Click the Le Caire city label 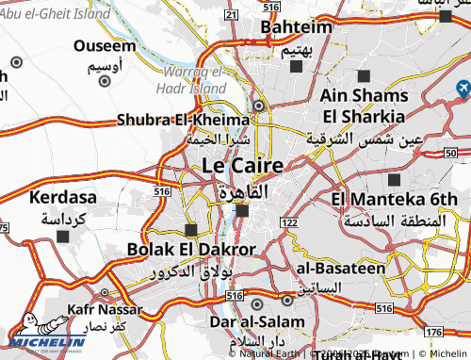[x=242, y=167]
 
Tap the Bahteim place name [x=298, y=28]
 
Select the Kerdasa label [x=62, y=198]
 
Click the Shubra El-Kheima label [x=183, y=120]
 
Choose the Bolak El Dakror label [x=191, y=250]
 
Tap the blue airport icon [x=463, y=89]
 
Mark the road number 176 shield [x=433, y=333]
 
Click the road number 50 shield [x=451, y=152]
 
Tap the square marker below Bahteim [x=297, y=67]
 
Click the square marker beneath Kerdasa [x=63, y=237]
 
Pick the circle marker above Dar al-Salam [x=257, y=303]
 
